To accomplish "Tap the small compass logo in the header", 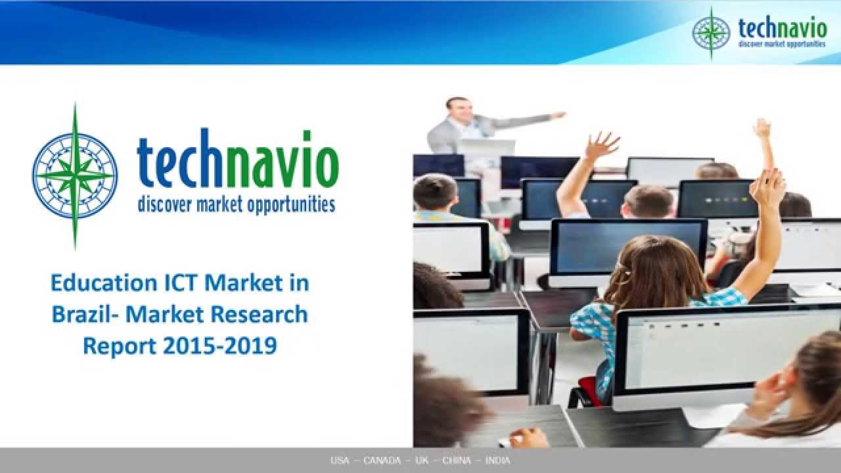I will [x=711, y=33].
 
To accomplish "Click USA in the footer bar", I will [x=340, y=461].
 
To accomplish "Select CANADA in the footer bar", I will [x=382, y=461].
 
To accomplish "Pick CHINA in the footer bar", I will [x=456, y=461].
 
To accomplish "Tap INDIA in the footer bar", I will [x=497, y=461].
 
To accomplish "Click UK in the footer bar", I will [x=422, y=461].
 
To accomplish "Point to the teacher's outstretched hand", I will [x=558, y=115].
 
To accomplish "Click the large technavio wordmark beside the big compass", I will [x=237, y=164].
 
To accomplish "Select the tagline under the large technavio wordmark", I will [x=236, y=204].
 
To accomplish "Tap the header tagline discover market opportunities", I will [x=782, y=44].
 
